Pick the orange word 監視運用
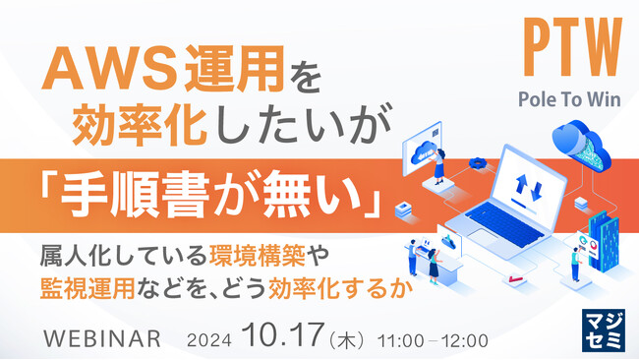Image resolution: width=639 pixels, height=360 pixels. pos(80,291)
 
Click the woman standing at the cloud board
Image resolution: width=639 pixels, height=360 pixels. pos(439,159)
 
